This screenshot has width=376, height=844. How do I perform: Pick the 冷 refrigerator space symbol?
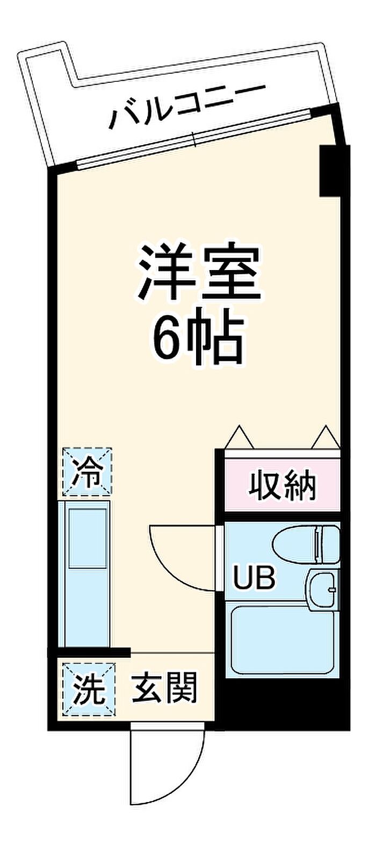88,472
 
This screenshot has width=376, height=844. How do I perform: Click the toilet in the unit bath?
306,544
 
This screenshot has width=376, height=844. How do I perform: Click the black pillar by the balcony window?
329,171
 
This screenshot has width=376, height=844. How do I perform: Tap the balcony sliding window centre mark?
195,139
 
